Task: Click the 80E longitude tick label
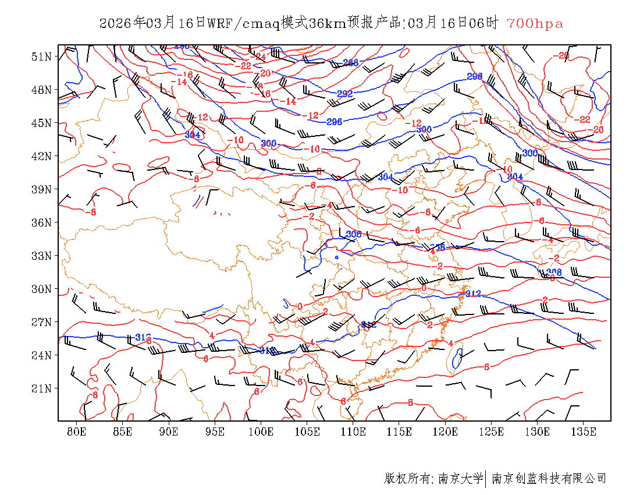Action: click(x=76, y=432)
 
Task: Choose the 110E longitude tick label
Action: click(x=353, y=432)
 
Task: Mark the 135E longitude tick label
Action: click(x=584, y=432)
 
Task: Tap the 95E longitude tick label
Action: click(x=215, y=432)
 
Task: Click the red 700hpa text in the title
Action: click(x=535, y=23)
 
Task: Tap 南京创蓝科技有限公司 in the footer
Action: click(x=549, y=479)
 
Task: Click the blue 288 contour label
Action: click(x=351, y=62)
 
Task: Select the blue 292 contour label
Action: click(x=345, y=93)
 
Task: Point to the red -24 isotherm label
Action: click(x=259, y=56)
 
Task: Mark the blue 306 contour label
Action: click(x=354, y=234)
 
